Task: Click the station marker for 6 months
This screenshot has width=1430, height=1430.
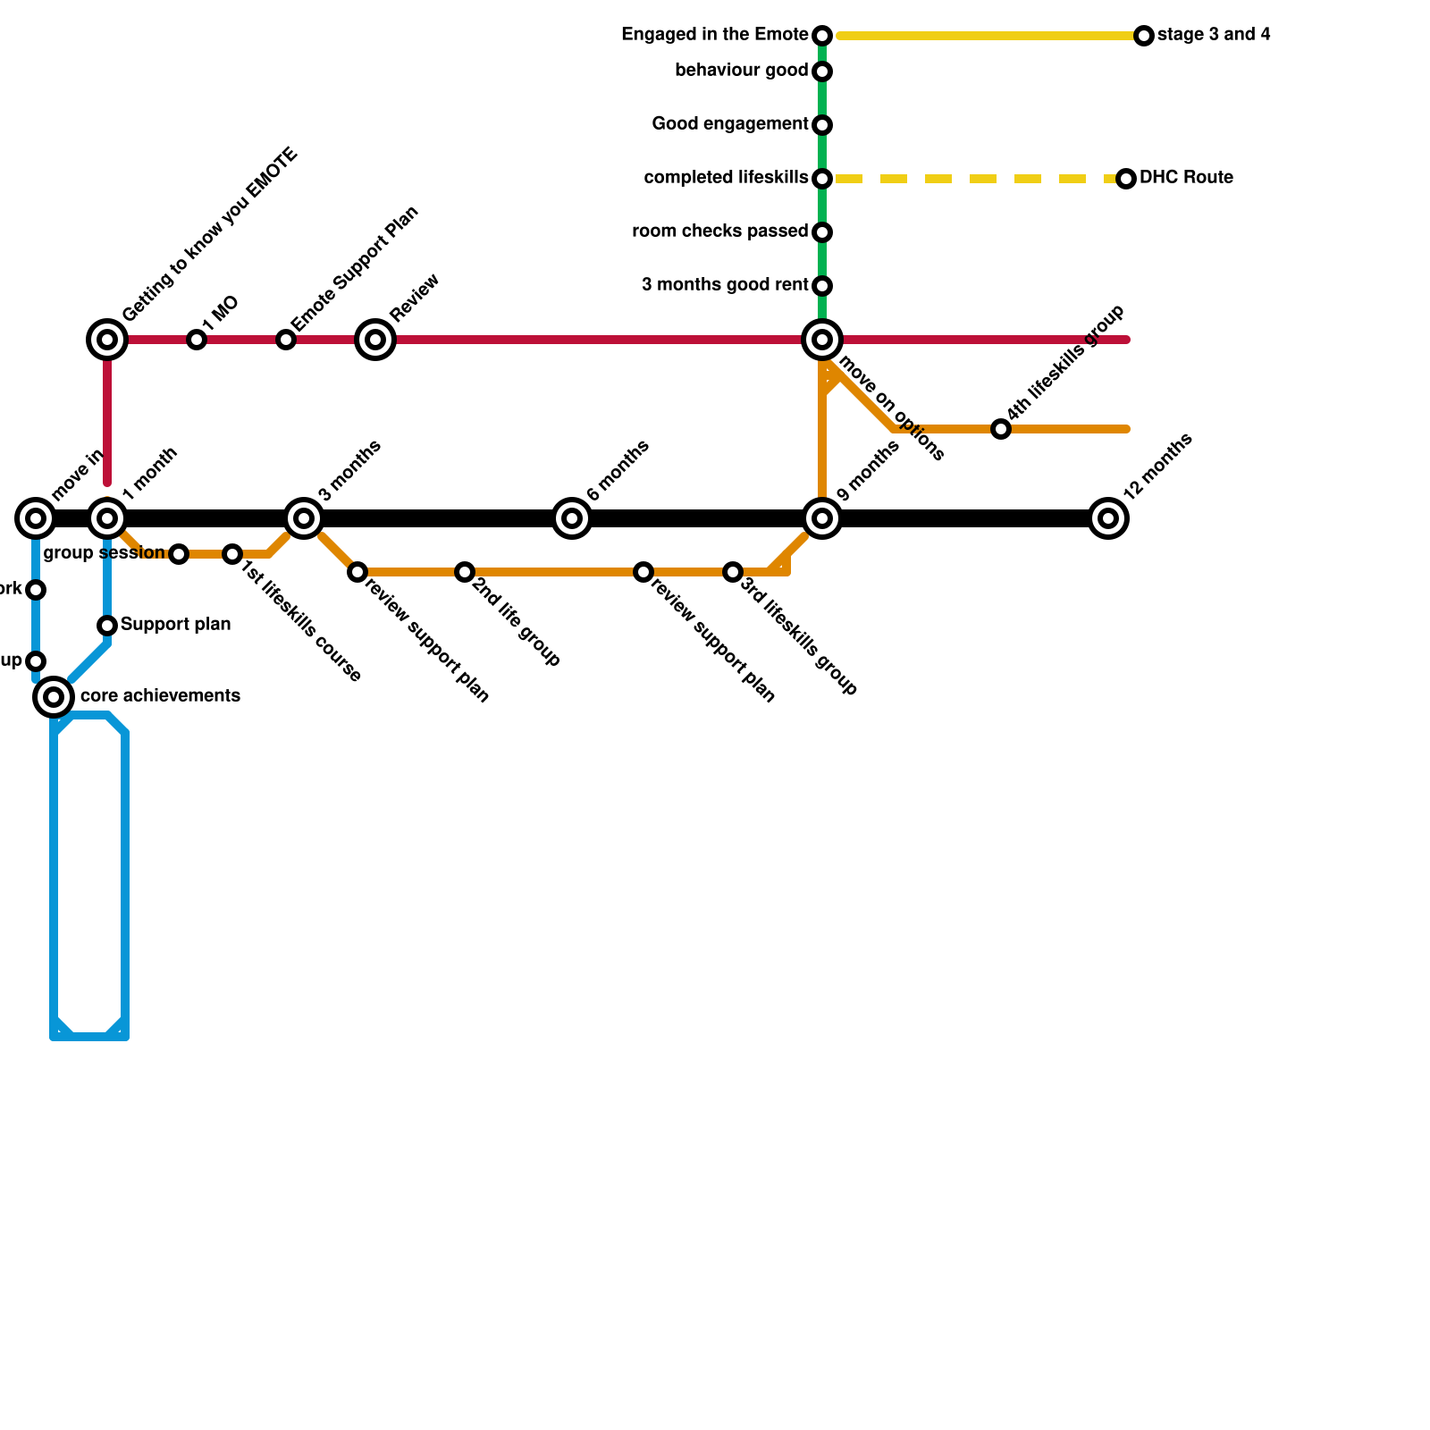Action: (x=572, y=518)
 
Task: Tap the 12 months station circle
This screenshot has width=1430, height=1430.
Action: (x=1108, y=518)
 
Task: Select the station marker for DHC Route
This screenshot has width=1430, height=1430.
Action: (x=1126, y=179)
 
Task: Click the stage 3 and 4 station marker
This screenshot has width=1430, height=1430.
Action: (x=1144, y=36)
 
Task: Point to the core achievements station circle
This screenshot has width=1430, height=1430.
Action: (x=54, y=697)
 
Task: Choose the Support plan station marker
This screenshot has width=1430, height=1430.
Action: (x=107, y=626)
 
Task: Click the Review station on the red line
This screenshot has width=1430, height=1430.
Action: (x=375, y=340)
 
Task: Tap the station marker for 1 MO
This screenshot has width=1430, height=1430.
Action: (x=197, y=340)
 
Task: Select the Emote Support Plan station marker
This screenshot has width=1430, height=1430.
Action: (x=285, y=340)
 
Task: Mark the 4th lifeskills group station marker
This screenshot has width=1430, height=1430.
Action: (x=1001, y=430)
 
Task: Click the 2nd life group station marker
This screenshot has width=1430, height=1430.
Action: (x=464, y=572)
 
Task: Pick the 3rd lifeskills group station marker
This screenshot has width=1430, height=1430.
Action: (x=733, y=572)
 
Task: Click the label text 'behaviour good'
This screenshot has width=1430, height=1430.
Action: (x=741, y=71)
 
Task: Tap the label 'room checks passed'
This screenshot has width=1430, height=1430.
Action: (x=719, y=231)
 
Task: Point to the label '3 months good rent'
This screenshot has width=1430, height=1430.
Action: (x=724, y=285)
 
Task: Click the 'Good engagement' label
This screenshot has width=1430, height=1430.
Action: (x=729, y=124)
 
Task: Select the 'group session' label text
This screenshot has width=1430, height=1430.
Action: (x=104, y=553)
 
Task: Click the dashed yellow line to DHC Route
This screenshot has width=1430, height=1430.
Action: (x=974, y=179)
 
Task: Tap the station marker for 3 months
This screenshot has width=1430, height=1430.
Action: (x=304, y=518)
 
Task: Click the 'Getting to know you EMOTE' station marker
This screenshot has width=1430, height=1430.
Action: (x=107, y=340)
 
